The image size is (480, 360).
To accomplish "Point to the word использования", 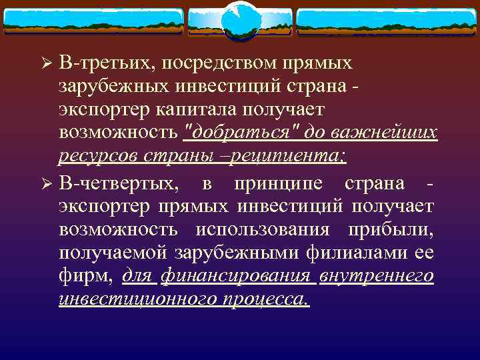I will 262,229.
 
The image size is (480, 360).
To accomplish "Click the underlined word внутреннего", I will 377,276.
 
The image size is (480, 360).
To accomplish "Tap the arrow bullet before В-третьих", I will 47,64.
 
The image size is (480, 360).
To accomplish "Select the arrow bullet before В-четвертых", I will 47,183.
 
